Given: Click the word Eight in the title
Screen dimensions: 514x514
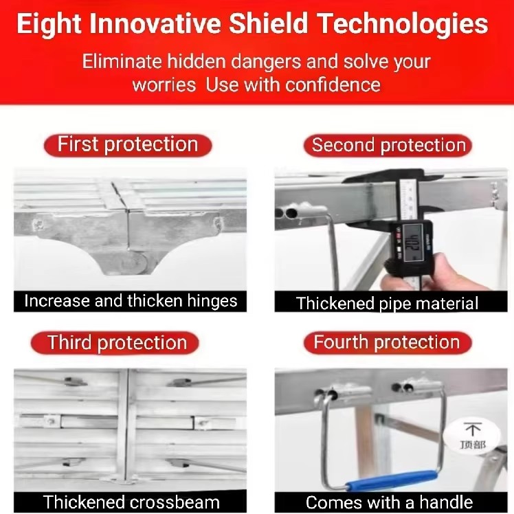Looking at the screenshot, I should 50,25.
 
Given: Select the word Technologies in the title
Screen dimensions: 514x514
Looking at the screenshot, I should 406,25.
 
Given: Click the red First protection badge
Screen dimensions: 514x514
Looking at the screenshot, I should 128,144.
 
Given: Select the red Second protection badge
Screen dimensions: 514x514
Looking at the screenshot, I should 388,145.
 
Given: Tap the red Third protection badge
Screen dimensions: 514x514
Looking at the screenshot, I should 117,342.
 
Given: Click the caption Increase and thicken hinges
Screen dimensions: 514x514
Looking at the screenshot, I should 131,301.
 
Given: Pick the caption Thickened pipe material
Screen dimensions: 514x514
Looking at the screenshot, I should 387,302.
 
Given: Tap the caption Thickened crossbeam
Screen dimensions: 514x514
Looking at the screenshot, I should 131,502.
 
